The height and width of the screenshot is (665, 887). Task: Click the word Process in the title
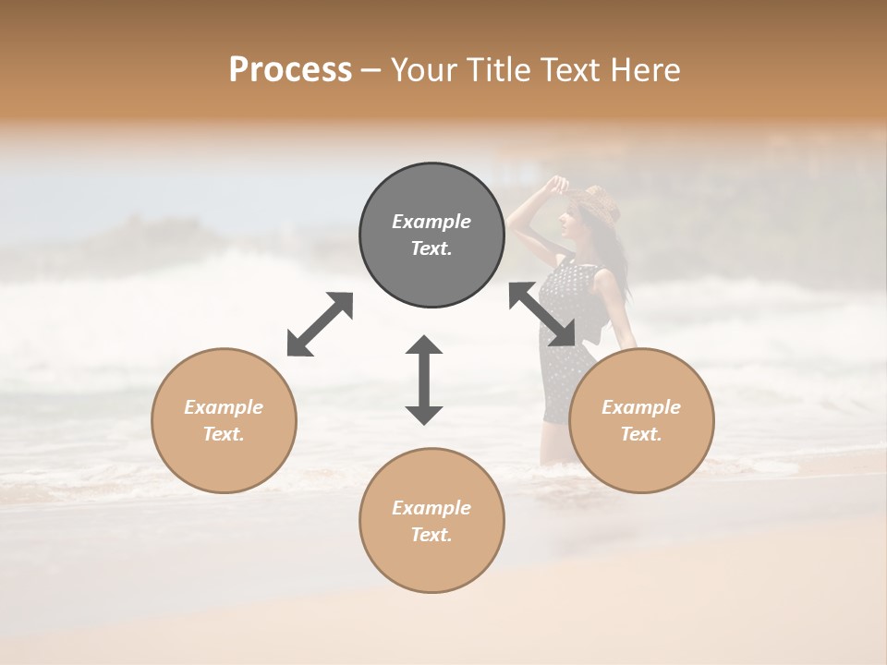click(x=290, y=70)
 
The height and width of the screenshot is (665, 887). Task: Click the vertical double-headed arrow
click(x=424, y=380)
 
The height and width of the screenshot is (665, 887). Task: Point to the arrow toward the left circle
click(x=320, y=324)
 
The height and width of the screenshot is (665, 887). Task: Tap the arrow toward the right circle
click(x=541, y=315)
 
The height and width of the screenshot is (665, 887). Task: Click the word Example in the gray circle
click(x=431, y=222)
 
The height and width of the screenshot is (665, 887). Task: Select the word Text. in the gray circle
click(x=431, y=248)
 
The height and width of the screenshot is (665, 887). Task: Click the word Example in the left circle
click(x=224, y=407)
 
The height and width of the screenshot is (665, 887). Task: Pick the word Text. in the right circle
click(x=641, y=434)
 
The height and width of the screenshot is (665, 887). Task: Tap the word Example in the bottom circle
click(x=431, y=508)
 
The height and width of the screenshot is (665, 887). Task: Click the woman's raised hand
click(x=556, y=184)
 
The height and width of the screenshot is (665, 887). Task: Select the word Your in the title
click(x=421, y=70)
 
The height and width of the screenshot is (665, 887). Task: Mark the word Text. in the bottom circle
click(x=431, y=535)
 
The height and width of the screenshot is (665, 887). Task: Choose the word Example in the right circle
click(x=641, y=407)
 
